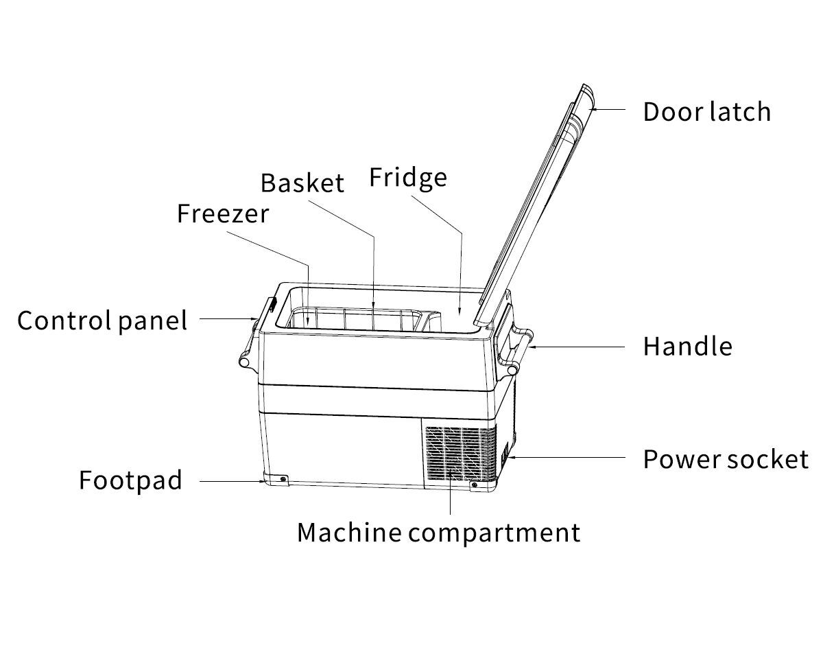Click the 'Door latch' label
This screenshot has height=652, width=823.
706,111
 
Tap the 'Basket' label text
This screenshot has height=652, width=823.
302,183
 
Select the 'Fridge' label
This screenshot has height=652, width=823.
408,178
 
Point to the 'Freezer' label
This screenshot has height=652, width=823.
223,213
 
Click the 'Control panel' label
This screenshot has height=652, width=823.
102,321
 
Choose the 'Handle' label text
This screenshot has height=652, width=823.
687,347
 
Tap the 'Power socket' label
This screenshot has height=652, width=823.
726,459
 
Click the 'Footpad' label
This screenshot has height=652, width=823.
130,480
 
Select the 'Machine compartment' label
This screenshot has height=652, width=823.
438,533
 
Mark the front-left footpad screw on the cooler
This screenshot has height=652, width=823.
283,478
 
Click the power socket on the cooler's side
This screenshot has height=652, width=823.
505,454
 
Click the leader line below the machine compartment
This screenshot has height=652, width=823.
451,498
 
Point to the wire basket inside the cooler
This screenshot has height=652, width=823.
357,320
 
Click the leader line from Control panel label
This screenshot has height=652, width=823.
223,318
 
